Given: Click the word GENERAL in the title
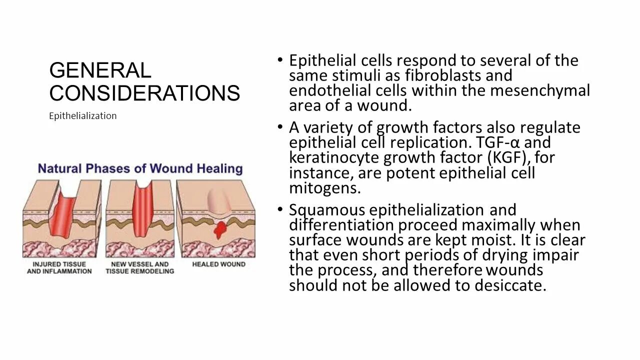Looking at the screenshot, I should [x=100, y=70].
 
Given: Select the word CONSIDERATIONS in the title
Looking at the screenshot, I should [x=144, y=93].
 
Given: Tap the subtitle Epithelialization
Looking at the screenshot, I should [x=83, y=116].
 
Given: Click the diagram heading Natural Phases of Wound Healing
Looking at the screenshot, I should [x=140, y=168].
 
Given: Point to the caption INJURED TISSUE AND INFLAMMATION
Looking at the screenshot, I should [x=59, y=267].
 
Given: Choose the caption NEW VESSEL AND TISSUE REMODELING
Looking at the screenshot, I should [x=140, y=267].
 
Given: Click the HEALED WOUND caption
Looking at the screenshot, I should [x=218, y=264].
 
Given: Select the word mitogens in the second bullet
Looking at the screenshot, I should [x=324, y=188].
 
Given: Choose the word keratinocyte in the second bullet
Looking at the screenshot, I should [x=334, y=158].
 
